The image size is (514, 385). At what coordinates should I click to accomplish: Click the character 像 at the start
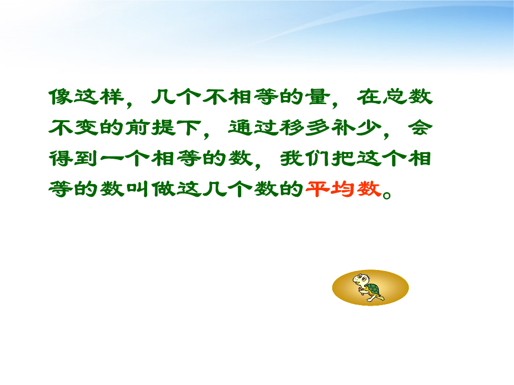[x=61, y=96]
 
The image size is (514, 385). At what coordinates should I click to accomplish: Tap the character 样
[x=112, y=96]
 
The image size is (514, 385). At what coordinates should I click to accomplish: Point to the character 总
[x=395, y=96]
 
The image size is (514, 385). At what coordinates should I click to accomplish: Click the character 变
[x=87, y=127]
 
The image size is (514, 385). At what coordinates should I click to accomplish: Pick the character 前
[x=138, y=127]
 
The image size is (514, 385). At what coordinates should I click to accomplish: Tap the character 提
[x=164, y=127]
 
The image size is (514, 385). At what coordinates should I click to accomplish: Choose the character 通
[x=241, y=127]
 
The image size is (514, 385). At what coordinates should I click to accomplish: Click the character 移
[x=292, y=127]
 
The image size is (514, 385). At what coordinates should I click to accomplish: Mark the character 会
[x=420, y=127]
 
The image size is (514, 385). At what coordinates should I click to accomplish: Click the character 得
[x=61, y=158]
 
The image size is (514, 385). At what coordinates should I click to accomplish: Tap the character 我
[x=292, y=158]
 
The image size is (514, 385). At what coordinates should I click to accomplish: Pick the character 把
[x=344, y=158]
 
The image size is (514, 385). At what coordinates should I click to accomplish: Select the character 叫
[x=138, y=189]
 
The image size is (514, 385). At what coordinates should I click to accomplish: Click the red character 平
[x=317, y=189]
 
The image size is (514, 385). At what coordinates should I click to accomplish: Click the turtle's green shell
[x=373, y=290]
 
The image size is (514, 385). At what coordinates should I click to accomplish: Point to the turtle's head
[x=361, y=279]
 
